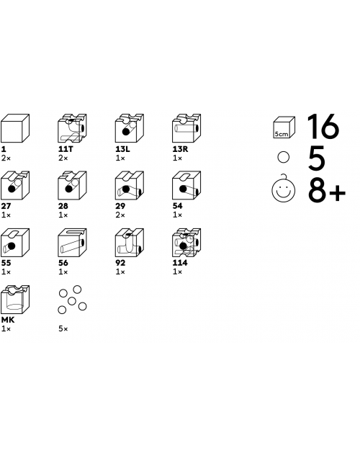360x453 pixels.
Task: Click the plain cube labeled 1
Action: point(15,128)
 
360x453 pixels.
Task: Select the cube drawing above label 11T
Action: point(72,128)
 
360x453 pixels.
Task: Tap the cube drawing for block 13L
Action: point(130,128)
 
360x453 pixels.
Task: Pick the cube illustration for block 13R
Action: point(186,128)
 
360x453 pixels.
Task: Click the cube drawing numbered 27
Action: point(15,185)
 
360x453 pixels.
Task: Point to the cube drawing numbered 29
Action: point(130,185)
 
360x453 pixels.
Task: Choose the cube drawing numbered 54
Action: point(186,185)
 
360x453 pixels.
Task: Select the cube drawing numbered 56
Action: point(72,242)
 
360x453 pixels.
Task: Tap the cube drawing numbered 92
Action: point(130,242)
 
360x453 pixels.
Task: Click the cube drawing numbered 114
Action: point(186,242)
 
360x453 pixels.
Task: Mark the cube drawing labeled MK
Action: point(15,300)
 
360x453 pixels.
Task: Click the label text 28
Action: point(63,206)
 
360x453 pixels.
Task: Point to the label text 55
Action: point(6,263)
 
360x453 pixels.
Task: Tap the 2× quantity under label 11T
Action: point(63,158)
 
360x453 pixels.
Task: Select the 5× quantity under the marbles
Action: point(63,329)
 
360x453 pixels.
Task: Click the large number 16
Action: point(323,126)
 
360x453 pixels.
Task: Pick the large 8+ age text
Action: point(327,192)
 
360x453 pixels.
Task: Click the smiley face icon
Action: point(284,189)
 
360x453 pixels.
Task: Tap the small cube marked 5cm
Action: point(284,127)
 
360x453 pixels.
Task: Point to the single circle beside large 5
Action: point(283,157)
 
